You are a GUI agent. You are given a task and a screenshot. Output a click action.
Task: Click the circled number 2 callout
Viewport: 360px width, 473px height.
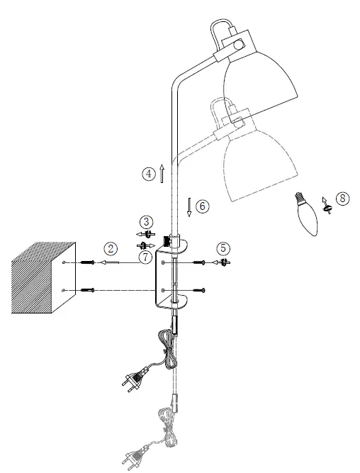click(110, 248)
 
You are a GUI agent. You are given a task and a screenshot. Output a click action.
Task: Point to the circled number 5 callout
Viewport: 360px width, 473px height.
click(223, 248)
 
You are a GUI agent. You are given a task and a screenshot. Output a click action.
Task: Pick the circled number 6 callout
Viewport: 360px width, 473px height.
click(203, 206)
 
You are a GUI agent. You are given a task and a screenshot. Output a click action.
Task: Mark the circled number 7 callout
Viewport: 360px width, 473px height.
click(145, 257)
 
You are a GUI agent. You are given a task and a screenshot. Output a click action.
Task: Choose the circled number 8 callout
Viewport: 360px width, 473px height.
click(342, 199)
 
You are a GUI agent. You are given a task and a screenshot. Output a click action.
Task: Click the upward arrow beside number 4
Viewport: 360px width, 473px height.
click(162, 172)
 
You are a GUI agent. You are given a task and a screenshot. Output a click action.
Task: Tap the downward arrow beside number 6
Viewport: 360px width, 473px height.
click(189, 207)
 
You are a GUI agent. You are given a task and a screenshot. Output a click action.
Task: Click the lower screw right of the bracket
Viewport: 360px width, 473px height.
click(201, 289)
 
